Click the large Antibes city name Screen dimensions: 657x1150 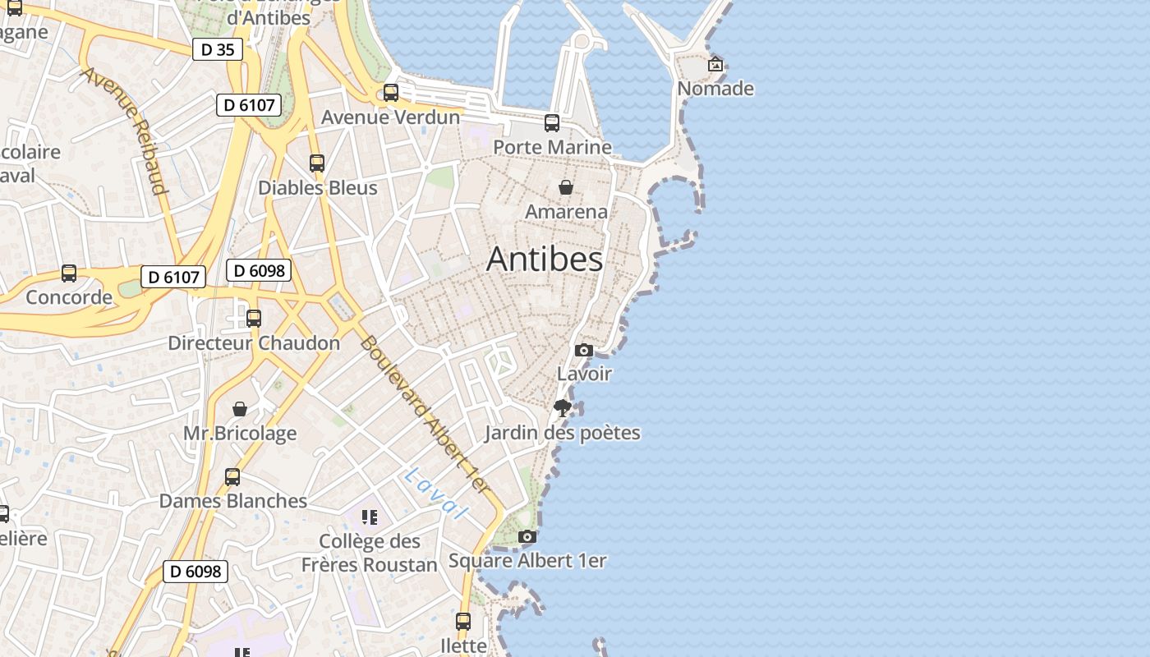pyautogui.click(x=545, y=260)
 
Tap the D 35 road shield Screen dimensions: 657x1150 pyautogui.click(x=218, y=49)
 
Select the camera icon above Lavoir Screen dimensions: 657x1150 pyautogui.click(x=584, y=351)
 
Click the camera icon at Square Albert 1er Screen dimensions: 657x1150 pyautogui.click(x=527, y=537)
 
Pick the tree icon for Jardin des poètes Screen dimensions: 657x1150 pyautogui.click(x=563, y=408)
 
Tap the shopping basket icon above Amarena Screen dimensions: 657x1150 pyautogui.click(x=566, y=188)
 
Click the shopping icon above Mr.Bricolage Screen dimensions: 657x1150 pyautogui.click(x=240, y=409)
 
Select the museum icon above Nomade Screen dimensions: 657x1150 pyautogui.click(x=715, y=64)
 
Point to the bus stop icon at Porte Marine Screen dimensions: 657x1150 pyautogui.click(x=552, y=123)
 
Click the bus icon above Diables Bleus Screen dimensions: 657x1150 pyautogui.click(x=317, y=163)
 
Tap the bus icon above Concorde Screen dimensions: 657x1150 pyautogui.click(x=69, y=273)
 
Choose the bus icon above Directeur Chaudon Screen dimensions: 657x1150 pyautogui.click(x=254, y=319)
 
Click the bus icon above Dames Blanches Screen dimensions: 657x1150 pyautogui.click(x=232, y=477)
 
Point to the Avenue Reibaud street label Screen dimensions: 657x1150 pyautogui.click(x=125, y=131)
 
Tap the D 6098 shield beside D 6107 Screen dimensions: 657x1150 pyautogui.click(x=259, y=270)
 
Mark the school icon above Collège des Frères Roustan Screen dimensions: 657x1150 pyautogui.click(x=370, y=517)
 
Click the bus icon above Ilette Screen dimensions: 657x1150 pyautogui.click(x=463, y=622)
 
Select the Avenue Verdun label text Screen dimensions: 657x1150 pyautogui.click(x=390, y=117)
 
